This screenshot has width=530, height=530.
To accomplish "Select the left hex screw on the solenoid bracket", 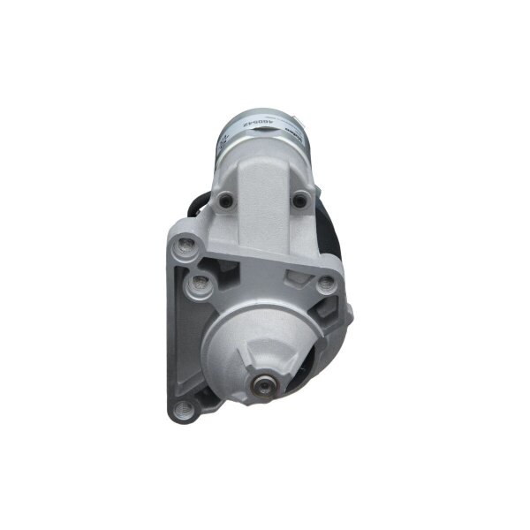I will click(x=227, y=201).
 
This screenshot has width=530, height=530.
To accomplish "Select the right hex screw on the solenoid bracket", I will click(x=300, y=201).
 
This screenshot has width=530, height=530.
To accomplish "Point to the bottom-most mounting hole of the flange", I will click(x=183, y=408).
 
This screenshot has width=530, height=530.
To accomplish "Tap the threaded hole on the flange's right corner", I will click(x=325, y=283).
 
